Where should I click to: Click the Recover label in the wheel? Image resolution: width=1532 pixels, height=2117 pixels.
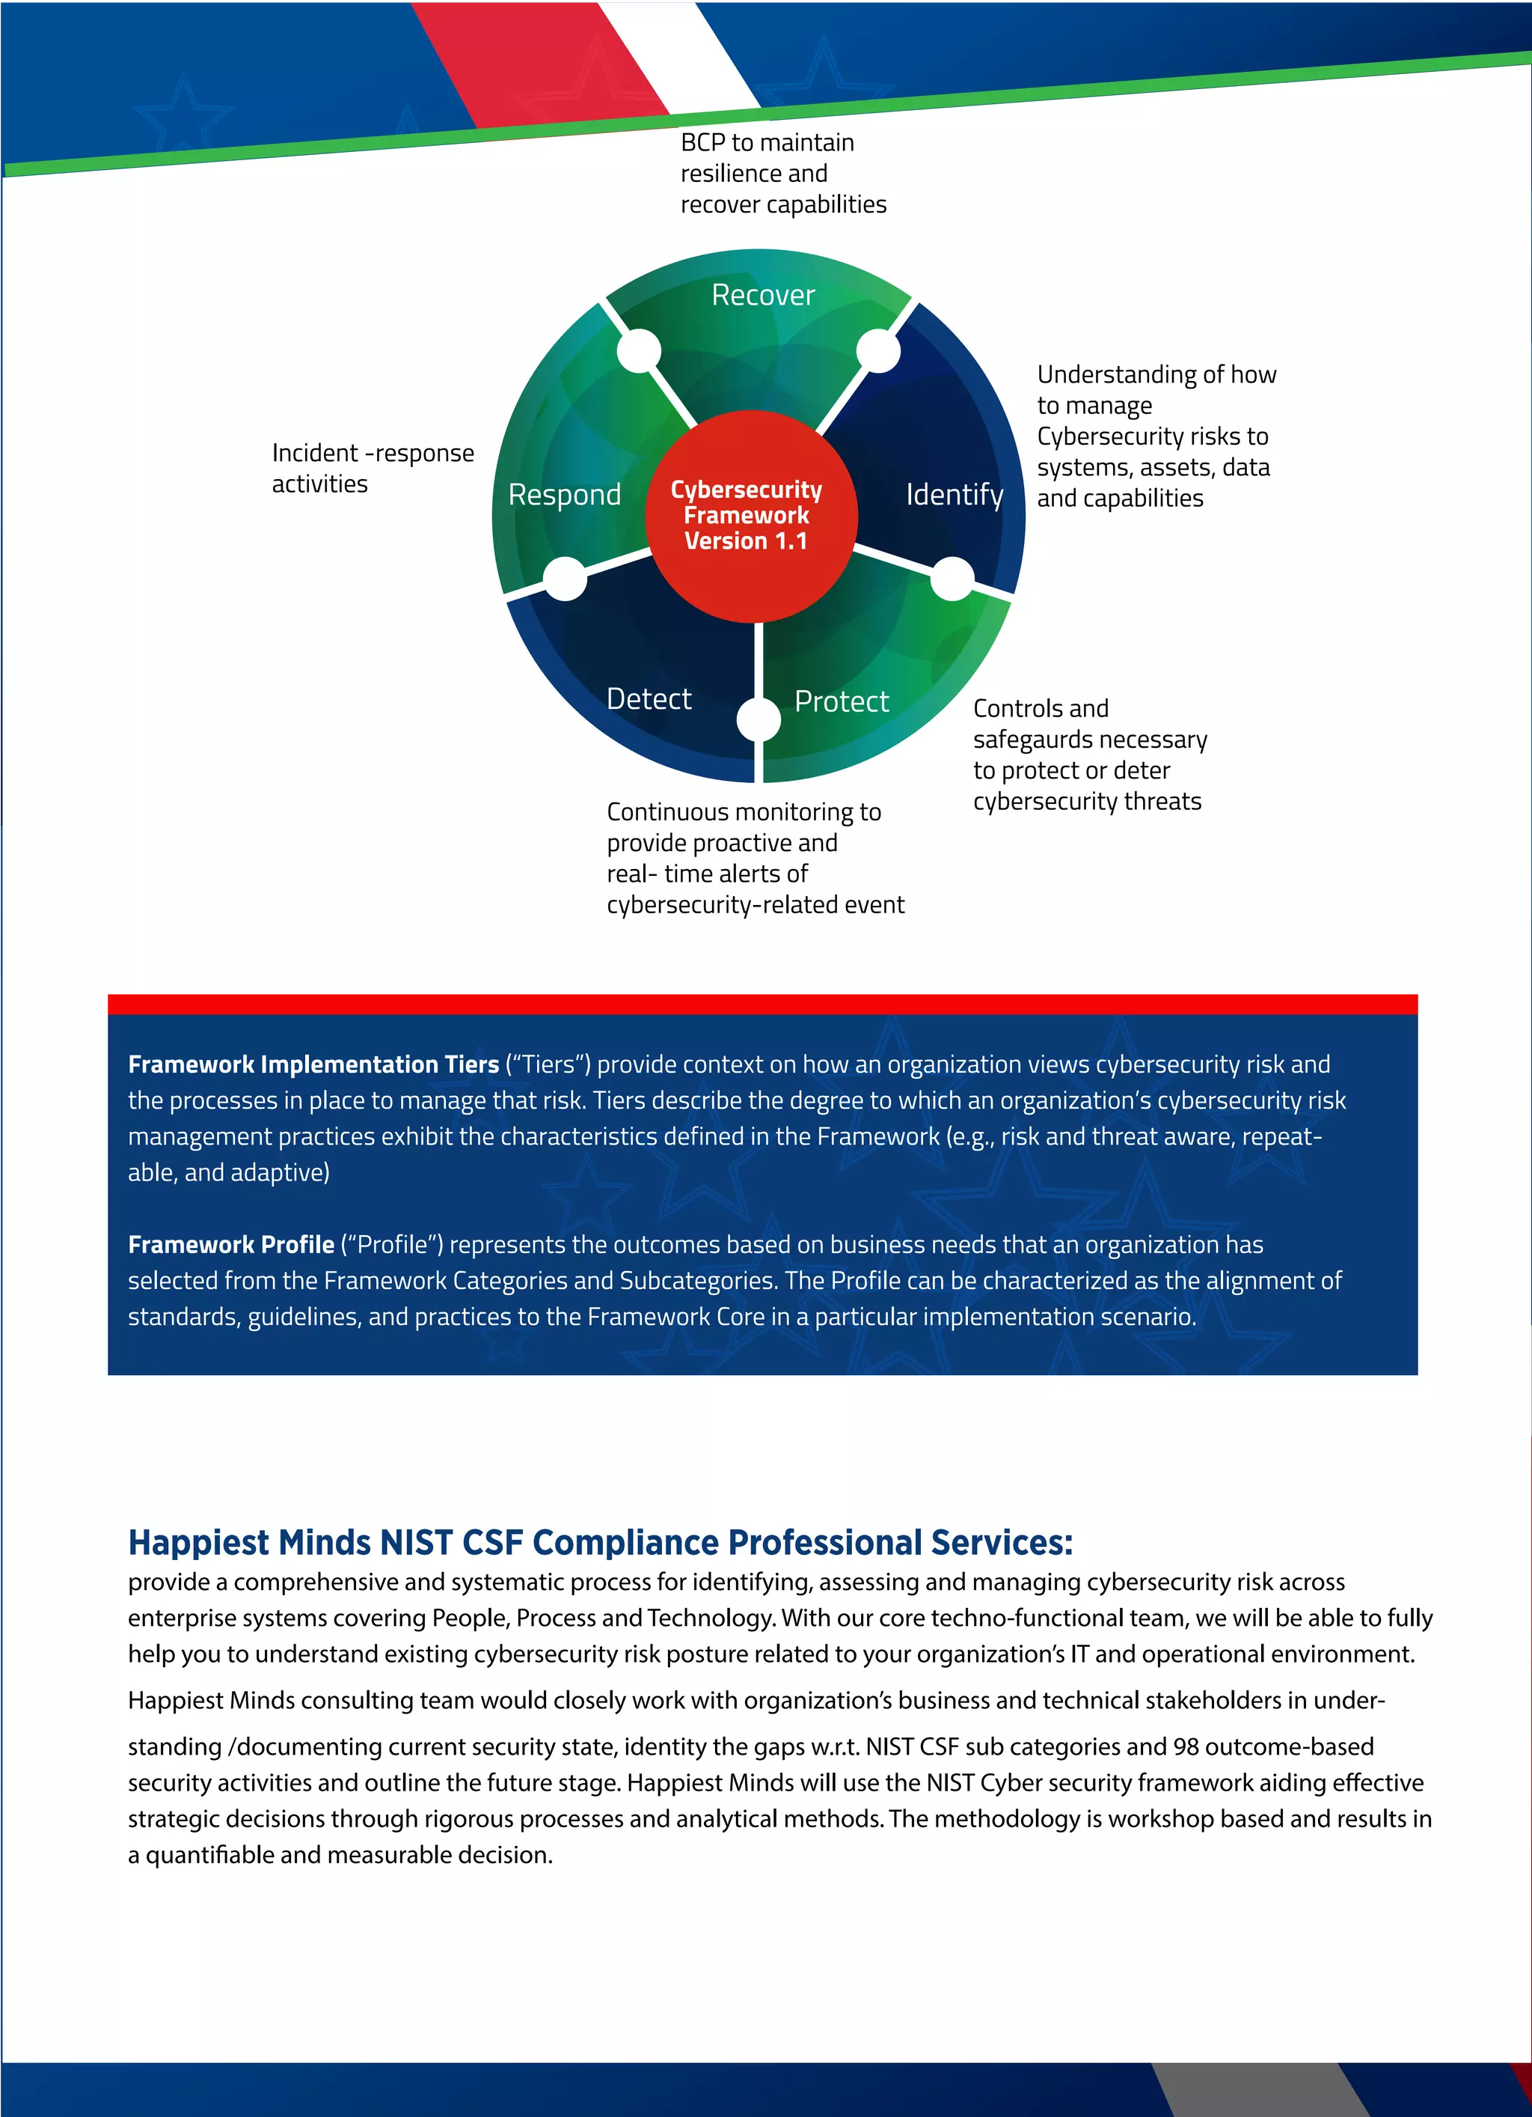762,295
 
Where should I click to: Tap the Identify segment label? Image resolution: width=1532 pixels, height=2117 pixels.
954,495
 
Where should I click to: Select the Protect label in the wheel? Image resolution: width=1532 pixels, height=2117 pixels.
842,701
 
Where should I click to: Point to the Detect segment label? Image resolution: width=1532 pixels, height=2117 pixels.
649,699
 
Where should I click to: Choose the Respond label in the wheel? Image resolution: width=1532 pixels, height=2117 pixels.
565,495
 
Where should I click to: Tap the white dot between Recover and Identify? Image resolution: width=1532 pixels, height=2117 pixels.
878,352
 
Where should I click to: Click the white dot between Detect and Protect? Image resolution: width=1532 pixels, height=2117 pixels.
759,719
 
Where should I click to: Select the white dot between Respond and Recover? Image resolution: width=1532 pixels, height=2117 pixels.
639,352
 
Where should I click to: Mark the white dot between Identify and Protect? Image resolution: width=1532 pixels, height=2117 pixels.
952,579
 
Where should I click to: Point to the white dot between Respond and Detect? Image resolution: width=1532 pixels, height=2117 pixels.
566,579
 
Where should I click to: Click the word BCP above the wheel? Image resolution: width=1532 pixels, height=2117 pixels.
702,143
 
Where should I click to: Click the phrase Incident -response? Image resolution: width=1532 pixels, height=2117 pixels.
373,454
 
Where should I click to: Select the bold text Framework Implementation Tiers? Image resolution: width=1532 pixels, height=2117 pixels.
313,1065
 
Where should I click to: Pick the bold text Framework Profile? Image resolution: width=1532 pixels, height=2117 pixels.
231,1245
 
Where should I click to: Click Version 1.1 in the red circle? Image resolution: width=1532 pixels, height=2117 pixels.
746,541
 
